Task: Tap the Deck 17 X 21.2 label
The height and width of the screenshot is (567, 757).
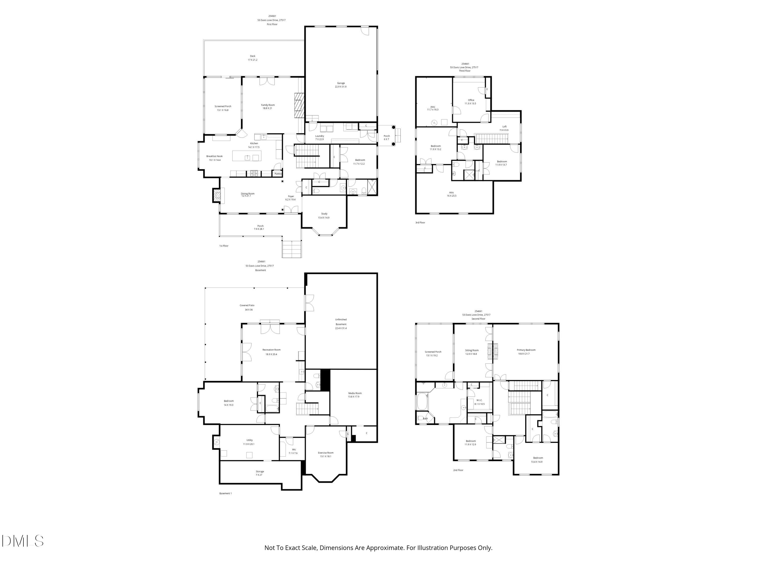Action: tap(253, 58)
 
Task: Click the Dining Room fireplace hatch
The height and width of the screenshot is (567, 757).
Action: tap(217, 196)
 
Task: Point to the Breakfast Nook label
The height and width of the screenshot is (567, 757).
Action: tap(214, 158)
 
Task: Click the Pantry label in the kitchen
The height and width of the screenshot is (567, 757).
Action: tap(278, 174)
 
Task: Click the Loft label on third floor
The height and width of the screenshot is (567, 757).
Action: tap(504, 128)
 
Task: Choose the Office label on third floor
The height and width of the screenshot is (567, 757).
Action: tap(471, 102)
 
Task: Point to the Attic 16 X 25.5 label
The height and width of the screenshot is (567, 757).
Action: tap(451, 194)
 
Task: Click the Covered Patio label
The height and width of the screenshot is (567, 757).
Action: tap(247, 307)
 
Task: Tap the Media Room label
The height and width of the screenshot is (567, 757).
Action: tap(355, 395)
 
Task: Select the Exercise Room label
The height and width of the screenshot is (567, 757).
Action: tap(326, 454)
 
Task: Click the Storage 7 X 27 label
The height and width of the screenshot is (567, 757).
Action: tap(260, 473)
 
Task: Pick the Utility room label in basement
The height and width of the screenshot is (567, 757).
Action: tap(250, 442)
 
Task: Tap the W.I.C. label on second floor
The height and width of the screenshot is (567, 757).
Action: tap(479, 402)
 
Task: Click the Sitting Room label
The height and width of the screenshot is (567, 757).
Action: tap(472, 352)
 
